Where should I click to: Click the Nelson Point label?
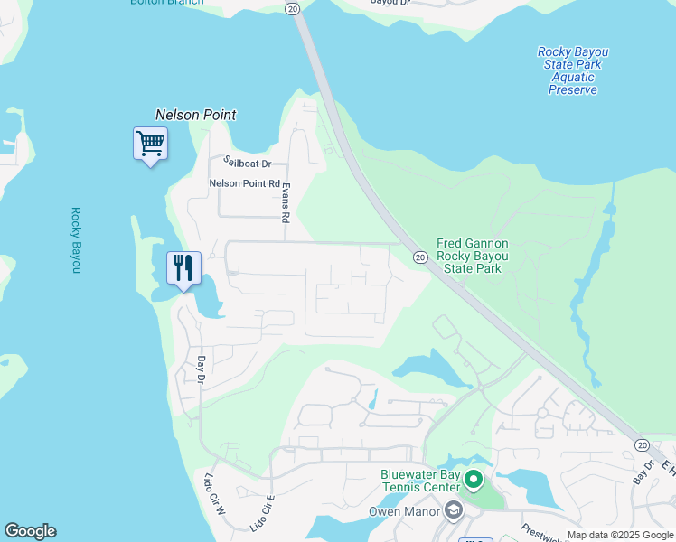195,115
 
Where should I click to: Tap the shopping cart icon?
150,144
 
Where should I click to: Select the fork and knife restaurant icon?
183,267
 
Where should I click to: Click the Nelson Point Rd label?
244,183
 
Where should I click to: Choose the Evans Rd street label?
285,202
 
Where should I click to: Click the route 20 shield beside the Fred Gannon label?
420,258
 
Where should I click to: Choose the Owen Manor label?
403,512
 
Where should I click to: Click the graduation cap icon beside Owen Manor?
453,512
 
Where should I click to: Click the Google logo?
30,531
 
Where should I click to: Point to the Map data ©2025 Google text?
620,535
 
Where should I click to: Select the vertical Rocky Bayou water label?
77,240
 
